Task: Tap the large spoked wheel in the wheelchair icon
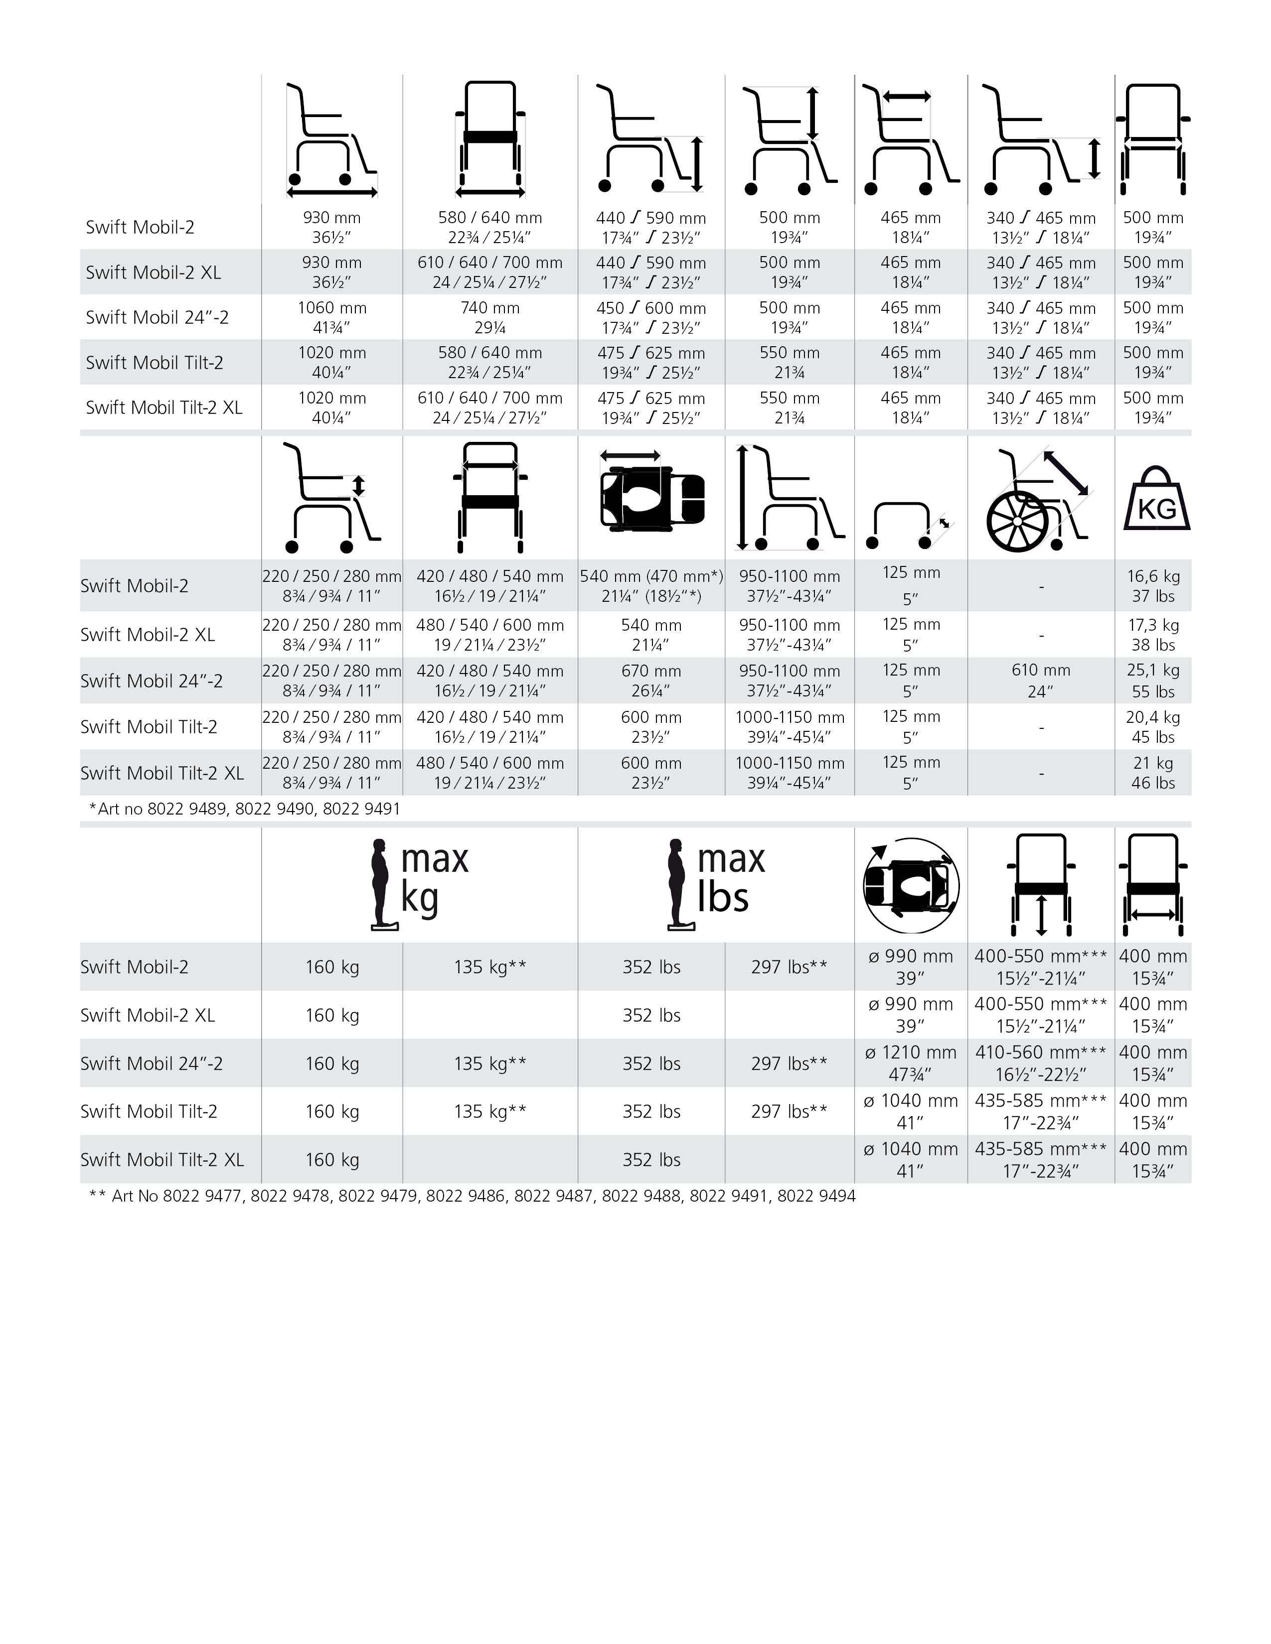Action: tap(1016, 521)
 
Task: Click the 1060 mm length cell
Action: tap(331, 317)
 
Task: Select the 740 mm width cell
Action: tap(489, 317)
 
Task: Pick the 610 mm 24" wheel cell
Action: tap(1041, 681)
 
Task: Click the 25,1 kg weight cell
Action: tap(1153, 681)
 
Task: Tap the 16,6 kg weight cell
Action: tap(1153, 586)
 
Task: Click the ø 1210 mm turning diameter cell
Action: tap(910, 1063)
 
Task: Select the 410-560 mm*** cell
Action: tap(1041, 1063)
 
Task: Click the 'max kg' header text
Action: tap(434, 878)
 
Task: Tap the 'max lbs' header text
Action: tap(730, 878)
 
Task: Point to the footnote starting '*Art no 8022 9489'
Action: tap(245, 809)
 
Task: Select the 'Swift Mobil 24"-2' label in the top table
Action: tap(157, 317)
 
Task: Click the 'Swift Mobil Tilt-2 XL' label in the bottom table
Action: tap(162, 1159)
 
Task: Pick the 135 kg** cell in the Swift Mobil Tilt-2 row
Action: tap(489, 1111)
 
